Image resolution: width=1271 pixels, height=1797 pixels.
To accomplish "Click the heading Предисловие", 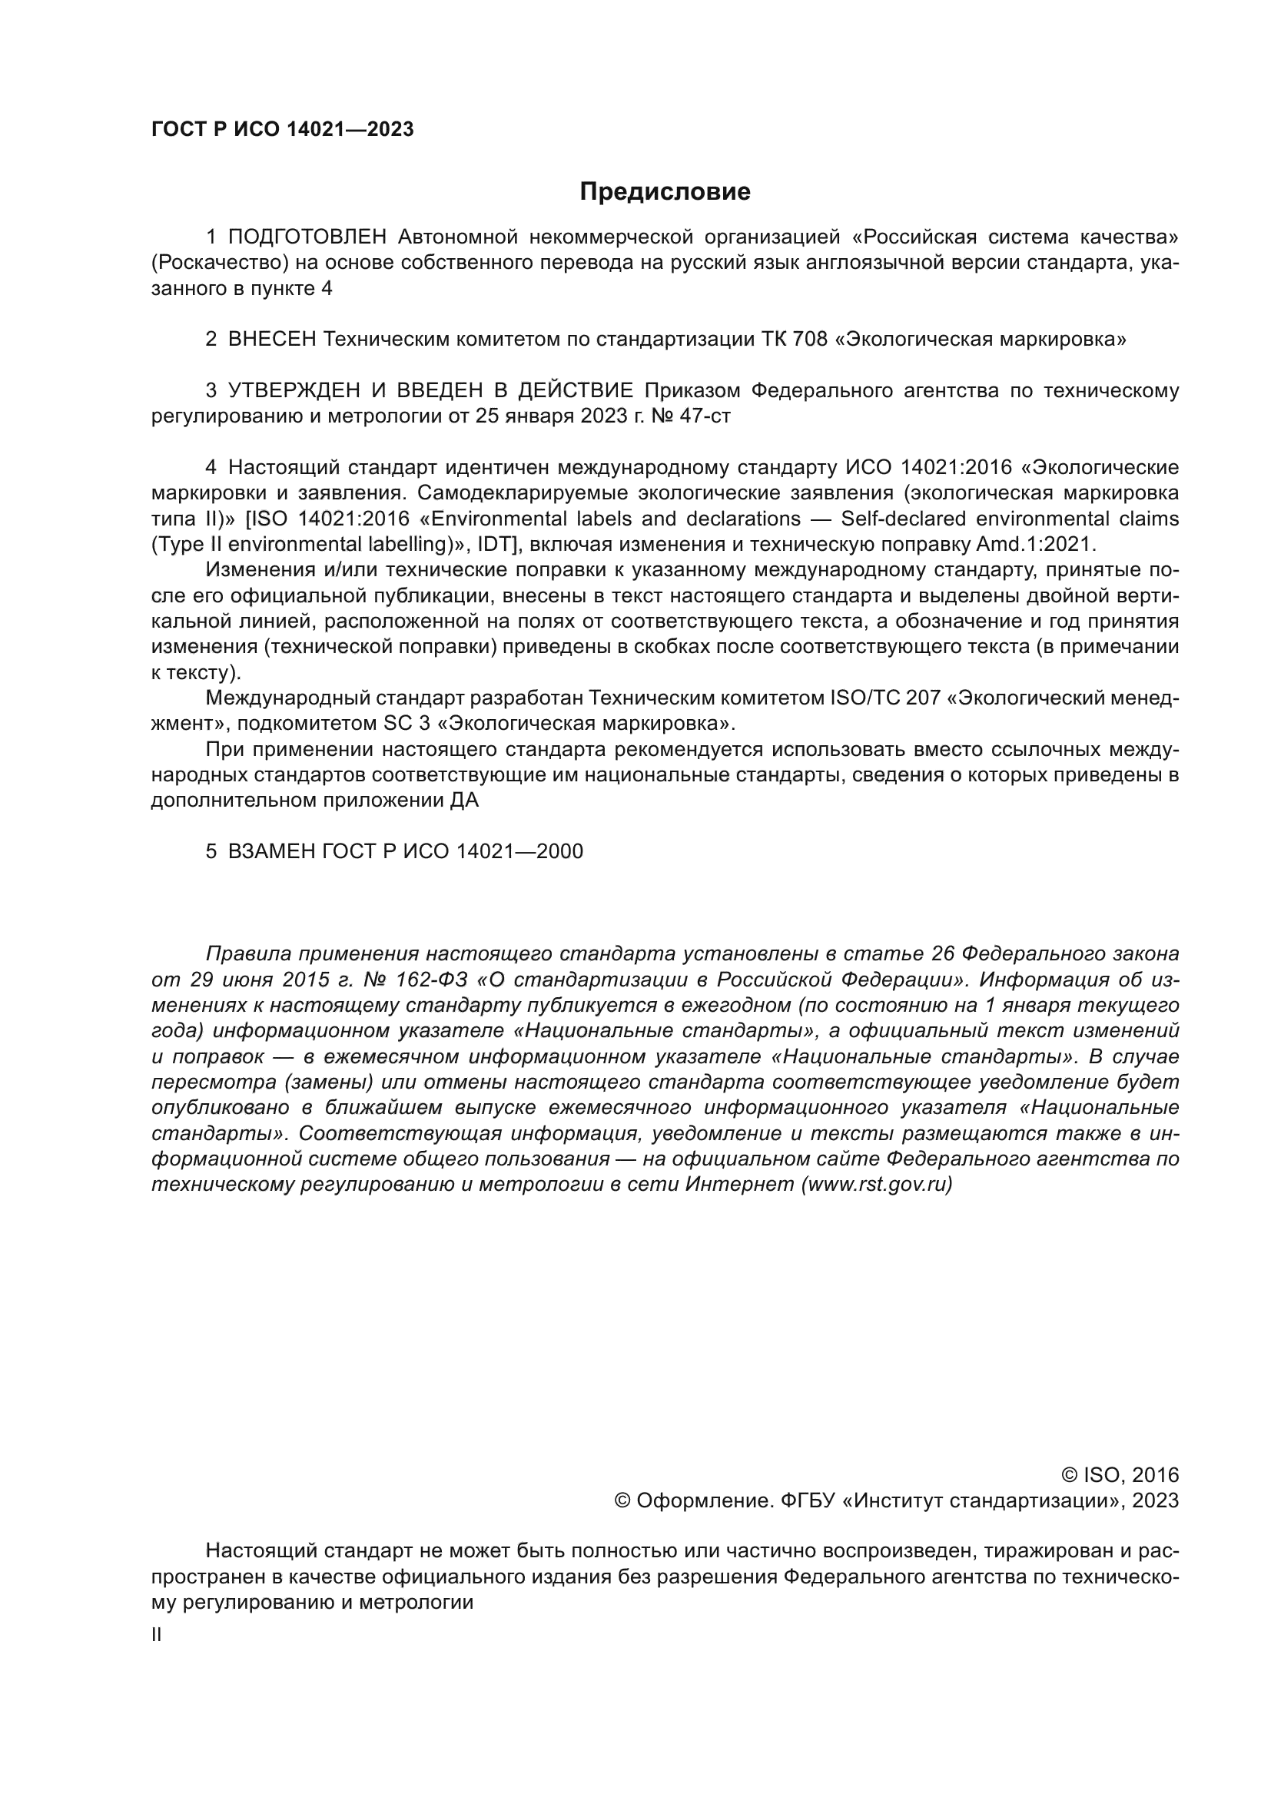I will click(x=665, y=192).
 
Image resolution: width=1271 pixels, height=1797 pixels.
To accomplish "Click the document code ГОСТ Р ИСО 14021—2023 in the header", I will click(x=282, y=130).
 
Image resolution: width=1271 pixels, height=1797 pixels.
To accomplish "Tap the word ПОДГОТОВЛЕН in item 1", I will click(x=307, y=237).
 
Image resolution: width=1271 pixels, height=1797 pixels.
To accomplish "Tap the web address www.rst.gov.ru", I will click(x=877, y=1184).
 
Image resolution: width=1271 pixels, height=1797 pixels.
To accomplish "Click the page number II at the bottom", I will click(x=157, y=1635).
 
